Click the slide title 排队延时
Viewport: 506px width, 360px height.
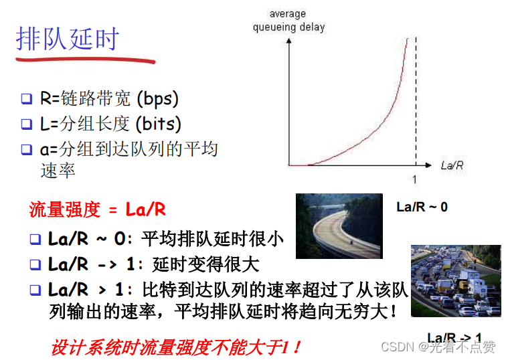[x=67, y=39]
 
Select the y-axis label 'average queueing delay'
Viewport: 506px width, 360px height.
[x=288, y=21]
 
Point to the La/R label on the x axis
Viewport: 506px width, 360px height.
[x=452, y=165]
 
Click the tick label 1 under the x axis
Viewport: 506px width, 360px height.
[x=414, y=179]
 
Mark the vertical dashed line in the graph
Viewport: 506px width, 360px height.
[x=416, y=100]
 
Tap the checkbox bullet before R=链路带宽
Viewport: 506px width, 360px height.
[x=26, y=100]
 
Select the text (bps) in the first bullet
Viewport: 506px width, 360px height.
[x=157, y=99]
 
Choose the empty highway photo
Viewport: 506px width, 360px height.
[x=339, y=226]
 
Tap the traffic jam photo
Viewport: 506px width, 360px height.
[x=456, y=281]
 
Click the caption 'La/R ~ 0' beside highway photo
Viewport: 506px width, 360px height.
[x=422, y=207]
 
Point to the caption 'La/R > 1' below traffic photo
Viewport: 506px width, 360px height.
[x=454, y=337]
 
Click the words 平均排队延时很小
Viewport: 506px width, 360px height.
[x=213, y=239]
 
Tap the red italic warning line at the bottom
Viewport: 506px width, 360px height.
[x=176, y=347]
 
